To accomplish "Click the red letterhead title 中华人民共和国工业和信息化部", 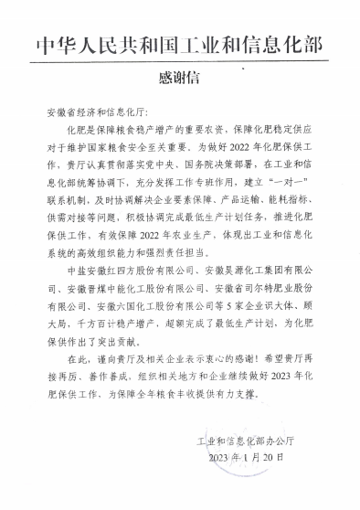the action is click(180, 43).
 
